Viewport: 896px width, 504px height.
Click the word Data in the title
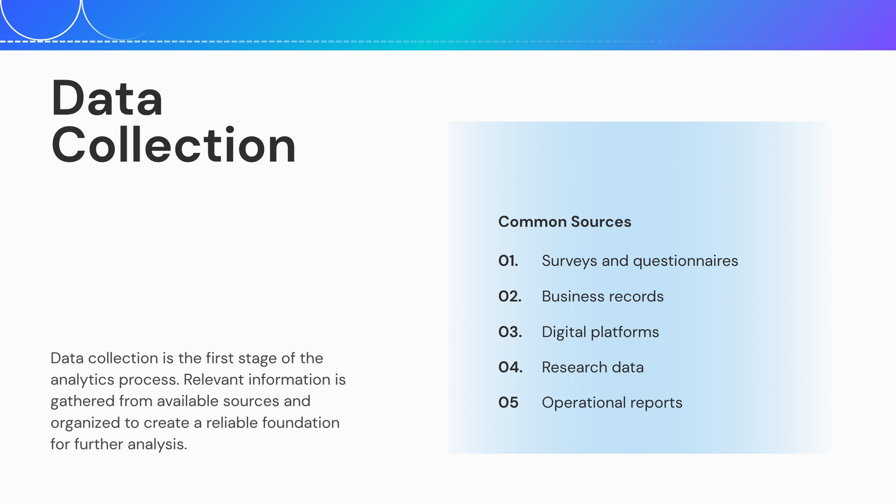tap(107, 98)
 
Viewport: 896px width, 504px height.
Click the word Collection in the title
tap(174, 144)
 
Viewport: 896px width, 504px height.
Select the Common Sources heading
tap(564, 222)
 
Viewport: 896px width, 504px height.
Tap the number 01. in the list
tap(508, 261)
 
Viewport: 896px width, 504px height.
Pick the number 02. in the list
tap(510, 296)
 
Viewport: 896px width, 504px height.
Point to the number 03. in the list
tap(510, 332)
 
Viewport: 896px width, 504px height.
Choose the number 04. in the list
tap(510, 367)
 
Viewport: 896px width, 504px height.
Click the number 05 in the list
tap(508, 403)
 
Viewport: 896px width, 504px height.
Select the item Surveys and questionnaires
tap(640, 261)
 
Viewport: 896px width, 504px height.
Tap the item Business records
tap(603, 296)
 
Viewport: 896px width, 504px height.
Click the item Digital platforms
tap(600, 333)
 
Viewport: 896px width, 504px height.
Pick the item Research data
tap(593, 367)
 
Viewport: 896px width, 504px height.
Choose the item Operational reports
tap(612, 403)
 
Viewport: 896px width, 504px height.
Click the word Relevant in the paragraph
tap(213, 380)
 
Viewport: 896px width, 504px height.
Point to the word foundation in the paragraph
tap(301, 423)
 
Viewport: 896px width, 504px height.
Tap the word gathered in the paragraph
tap(82, 402)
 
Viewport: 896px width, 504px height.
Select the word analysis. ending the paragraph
tap(157, 445)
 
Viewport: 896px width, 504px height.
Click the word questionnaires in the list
tap(685, 261)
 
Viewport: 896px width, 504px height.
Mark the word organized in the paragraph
tap(85, 423)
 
